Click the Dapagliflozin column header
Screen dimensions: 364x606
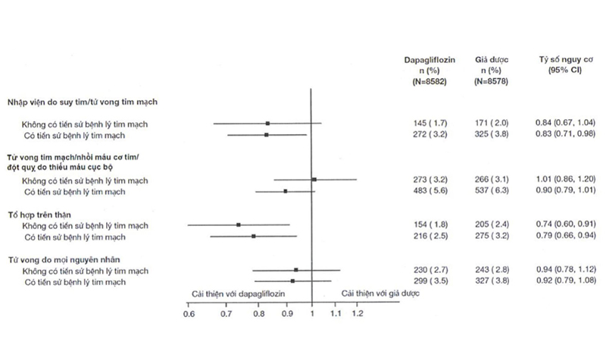(430, 58)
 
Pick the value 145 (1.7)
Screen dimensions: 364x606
(430, 123)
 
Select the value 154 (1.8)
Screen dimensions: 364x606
(430, 225)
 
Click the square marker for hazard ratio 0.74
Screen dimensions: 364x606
(239, 225)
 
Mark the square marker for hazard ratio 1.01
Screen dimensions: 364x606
(314, 180)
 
